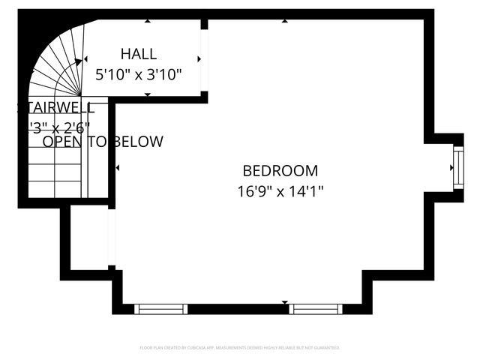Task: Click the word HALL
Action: tap(139, 54)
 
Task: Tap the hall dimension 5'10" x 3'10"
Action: tap(139, 75)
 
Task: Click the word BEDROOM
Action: tap(280, 171)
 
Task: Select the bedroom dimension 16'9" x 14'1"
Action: tap(280, 191)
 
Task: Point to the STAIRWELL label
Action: tap(56, 107)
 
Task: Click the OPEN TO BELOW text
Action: tap(103, 142)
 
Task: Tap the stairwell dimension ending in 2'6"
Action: tap(60, 127)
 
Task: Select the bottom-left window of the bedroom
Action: tap(160, 308)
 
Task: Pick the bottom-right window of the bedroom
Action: tap(316, 308)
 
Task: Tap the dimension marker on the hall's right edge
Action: tap(199, 58)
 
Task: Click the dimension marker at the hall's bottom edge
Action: tap(148, 94)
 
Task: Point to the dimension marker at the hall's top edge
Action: tap(148, 22)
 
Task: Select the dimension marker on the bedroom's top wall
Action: tap(285, 22)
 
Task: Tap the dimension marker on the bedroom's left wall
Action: tap(118, 168)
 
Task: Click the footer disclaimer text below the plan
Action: tap(240, 348)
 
